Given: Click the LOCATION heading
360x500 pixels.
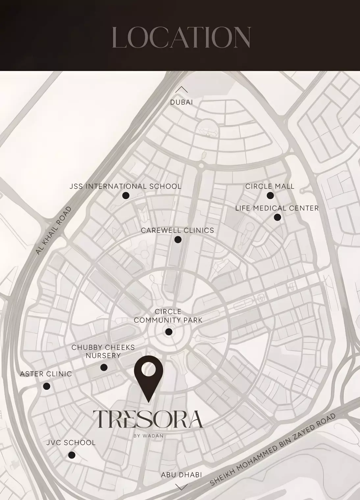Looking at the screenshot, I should click(x=181, y=37).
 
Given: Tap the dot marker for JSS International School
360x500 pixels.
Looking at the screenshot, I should click(x=126, y=196).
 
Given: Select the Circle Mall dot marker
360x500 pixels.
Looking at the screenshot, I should click(x=270, y=196).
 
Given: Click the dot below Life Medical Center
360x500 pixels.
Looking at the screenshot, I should click(x=277, y=217).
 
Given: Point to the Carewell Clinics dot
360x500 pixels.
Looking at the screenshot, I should click(x=178, y=240).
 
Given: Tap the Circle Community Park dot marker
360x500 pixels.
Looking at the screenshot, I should click(x=169, y=332).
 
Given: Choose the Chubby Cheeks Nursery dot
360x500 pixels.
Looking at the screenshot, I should click(x=104, y=367).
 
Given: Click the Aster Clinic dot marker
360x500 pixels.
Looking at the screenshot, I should click(x=47, y=386).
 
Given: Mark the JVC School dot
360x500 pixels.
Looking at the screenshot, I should click(x=72, y=455).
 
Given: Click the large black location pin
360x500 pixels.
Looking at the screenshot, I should click(x=149, y=375).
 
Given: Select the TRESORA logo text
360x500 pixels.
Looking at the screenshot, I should click(x=148, y=419).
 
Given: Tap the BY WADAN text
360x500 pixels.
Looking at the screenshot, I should click(x=148, y=436).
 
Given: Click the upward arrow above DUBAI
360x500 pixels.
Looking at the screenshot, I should click(x=181, y=89).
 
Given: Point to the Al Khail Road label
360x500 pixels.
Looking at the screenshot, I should click(x=53, y=231).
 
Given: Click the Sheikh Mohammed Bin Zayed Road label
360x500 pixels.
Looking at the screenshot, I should click(x=273, y=450).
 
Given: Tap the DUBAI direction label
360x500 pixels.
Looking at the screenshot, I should click(x=181, y=102).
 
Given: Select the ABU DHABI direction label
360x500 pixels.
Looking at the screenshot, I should click(x=181, y=475).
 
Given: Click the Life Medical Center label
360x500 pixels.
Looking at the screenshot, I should click(x=277, y=208).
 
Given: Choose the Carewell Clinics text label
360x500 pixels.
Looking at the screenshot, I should click(x=177, y=231).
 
